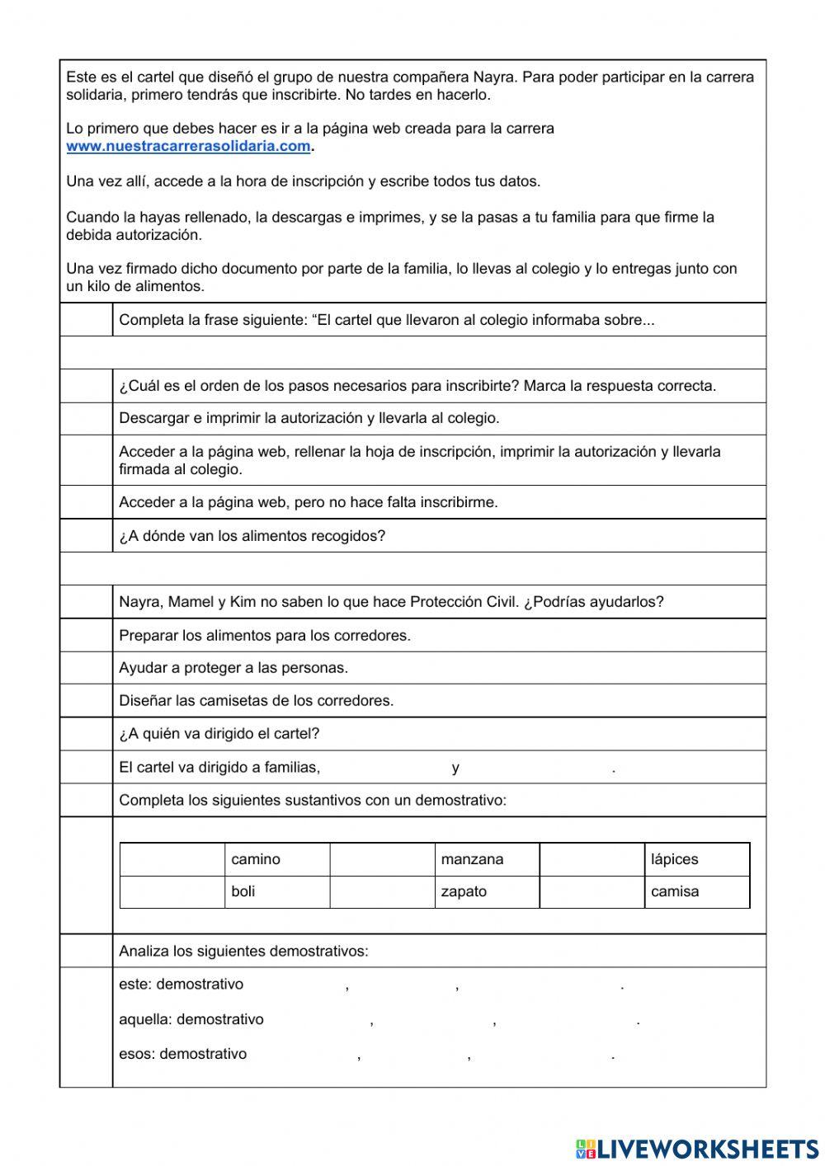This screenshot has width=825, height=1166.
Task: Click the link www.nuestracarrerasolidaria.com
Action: point(188,146)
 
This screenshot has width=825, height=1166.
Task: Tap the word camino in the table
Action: point(256,859)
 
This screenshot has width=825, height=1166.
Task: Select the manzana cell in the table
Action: point(472,859)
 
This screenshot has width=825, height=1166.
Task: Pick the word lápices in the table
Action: point(674,859)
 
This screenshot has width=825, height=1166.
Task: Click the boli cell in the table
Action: point(243,891)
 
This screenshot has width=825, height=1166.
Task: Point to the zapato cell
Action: point(464,891)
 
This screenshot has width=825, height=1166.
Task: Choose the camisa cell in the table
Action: point(674,891)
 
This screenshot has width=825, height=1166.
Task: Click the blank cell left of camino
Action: point(172,859)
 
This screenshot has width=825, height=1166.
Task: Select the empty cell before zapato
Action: point(382,891)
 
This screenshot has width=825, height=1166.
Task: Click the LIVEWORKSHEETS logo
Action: point(696,1148)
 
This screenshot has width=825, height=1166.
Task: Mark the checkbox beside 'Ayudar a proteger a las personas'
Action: point(86,668)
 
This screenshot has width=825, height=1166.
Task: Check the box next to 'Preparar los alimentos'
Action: point(86,635)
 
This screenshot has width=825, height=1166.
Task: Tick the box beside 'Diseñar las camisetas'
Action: point(86,701)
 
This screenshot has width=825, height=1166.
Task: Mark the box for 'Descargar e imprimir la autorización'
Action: point(86,418)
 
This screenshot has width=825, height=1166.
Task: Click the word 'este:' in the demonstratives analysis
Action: point(135,984)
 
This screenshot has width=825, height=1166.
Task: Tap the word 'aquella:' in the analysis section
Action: point(145,1019)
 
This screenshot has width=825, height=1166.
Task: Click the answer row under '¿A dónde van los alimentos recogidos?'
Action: point(412,569)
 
